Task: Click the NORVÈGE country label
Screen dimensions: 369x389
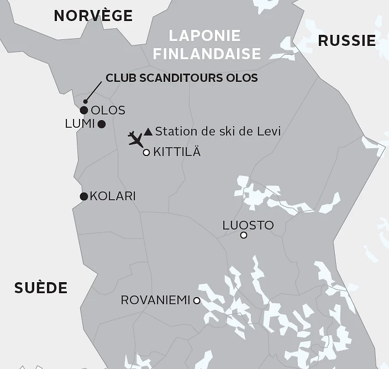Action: coord(93,15)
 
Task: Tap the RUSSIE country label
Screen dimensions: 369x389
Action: coord(347,40)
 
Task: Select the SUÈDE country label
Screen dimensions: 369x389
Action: coord(41,288)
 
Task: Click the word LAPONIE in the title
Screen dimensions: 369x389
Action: coord(205,36)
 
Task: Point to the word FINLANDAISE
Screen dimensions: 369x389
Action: coord(207,54)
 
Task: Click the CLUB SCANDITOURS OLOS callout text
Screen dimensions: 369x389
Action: coord(182,78)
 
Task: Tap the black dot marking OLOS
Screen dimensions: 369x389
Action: coord(84,110)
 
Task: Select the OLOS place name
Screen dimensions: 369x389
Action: coord(108,111)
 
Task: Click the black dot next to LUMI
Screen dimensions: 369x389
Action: coord(102,124)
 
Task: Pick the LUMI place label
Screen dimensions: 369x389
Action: coord(80,124)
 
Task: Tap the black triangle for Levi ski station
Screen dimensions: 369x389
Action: coord(148,132)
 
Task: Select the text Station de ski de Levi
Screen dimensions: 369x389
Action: coord(218,132)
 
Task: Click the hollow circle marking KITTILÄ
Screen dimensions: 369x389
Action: coord(146,153)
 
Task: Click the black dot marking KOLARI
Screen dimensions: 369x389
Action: coord(84,196)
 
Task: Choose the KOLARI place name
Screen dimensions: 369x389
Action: coord(113,196)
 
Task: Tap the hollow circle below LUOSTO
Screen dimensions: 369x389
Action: coord(244,236)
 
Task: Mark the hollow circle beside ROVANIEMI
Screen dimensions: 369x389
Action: coord(196,300)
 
